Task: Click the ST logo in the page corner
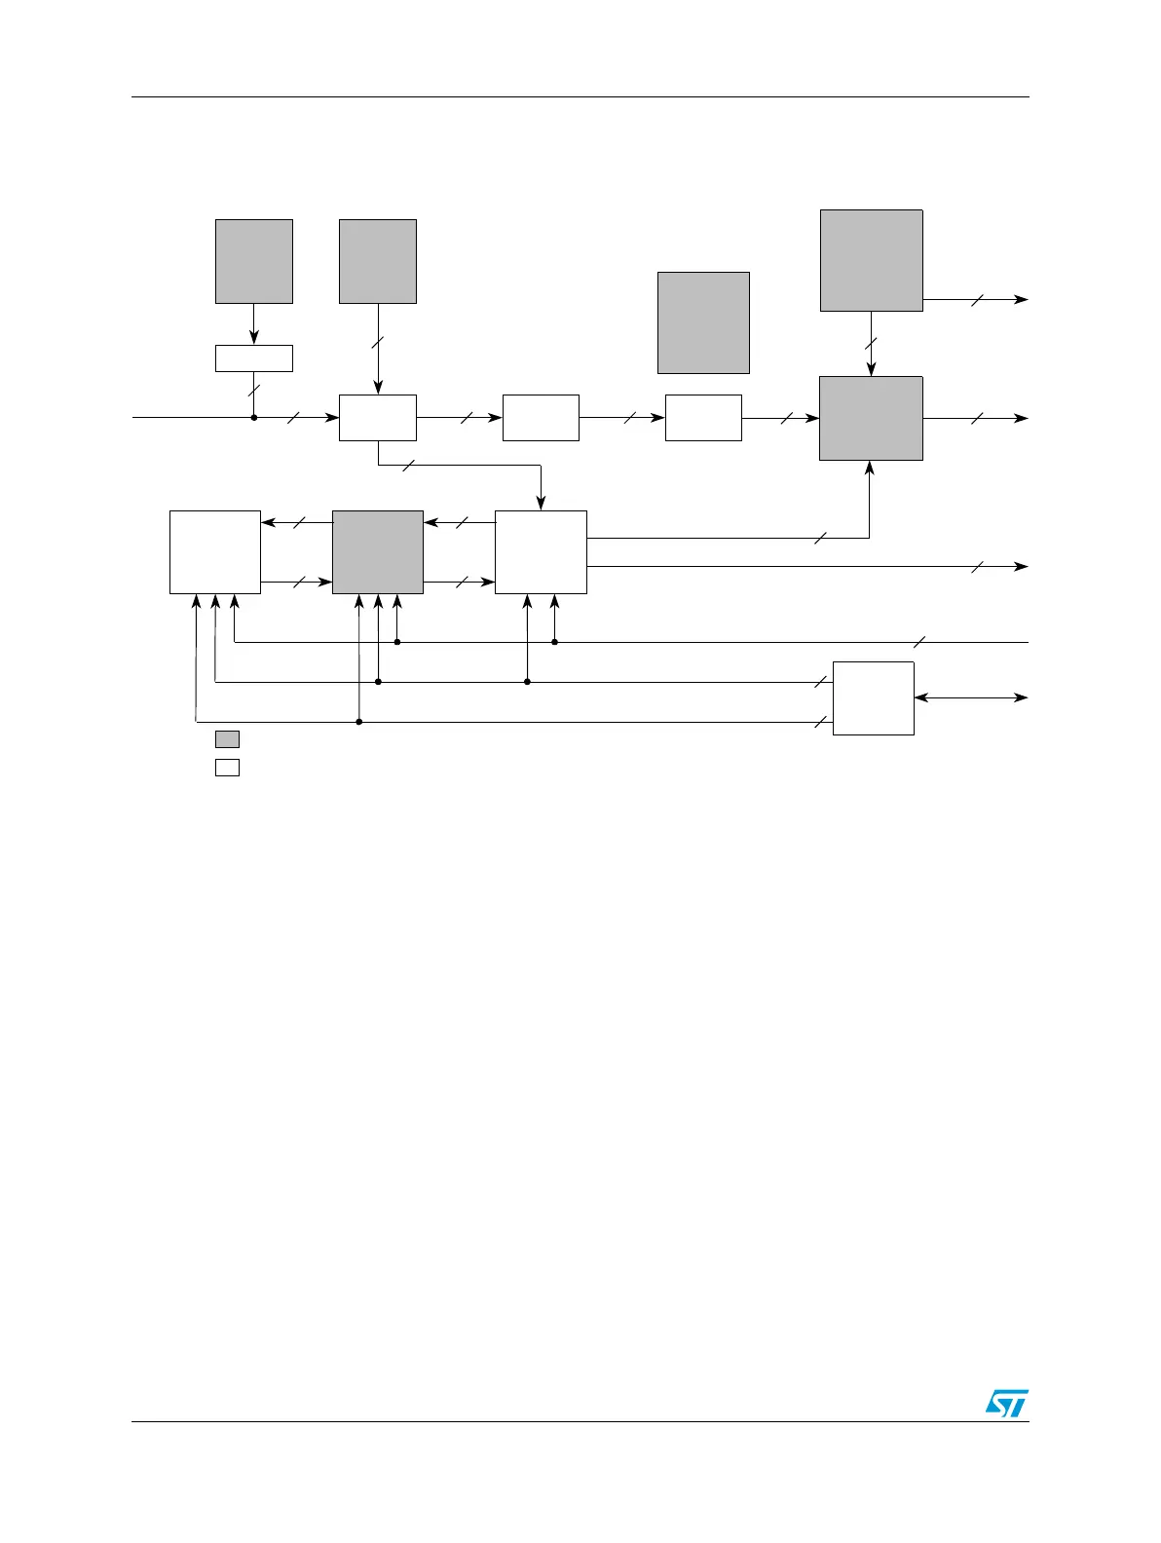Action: [x=1007, y=1403]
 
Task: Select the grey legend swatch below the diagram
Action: [x=227, y=739]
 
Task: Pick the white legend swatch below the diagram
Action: [x=227, y=767]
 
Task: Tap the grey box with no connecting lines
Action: [x=703, y=322]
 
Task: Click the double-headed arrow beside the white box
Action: [x=971, y=697]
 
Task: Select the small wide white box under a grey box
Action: [x=253, y=358]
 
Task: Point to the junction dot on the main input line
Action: [x=254, y=418]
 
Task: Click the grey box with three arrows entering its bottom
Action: [x=378, y=551]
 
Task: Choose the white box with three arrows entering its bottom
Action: [x=215, y=551]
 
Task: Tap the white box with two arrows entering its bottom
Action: [x=541, y=551]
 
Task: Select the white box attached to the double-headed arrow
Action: [x=874, y=697]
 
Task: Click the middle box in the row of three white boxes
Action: [x=541, y=418]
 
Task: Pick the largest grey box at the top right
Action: [x=871, y=260]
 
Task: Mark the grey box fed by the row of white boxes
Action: [x=871, y=418]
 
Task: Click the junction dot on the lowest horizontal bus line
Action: [x=359, y=722]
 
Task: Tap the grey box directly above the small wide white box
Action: [x=253, y=261]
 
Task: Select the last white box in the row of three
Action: [x=703, y=418]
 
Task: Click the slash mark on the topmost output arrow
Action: [x=977, y=299]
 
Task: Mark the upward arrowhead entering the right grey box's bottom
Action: [x=870, y=467]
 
